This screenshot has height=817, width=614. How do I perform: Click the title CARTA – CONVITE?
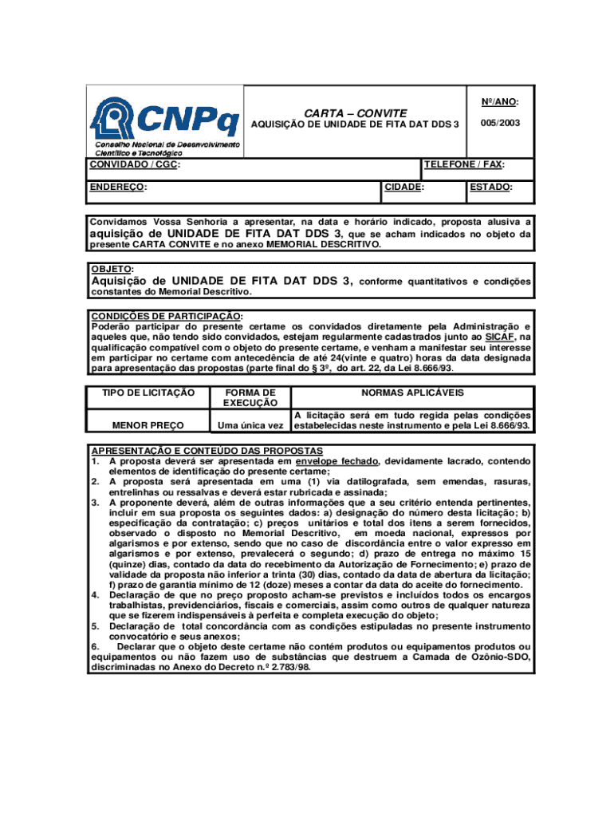pyautogui.click(x=355, y=113)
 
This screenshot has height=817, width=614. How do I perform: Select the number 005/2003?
pyautogui.click(x=500, y=124)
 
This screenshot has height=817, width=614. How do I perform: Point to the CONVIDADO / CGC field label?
pyautogui.click(x=133, y=164)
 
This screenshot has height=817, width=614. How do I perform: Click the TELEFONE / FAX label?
pyautogui.click(x=464, y=164)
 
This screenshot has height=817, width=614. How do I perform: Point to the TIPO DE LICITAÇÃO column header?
pyautogui.click(x=148, y=393)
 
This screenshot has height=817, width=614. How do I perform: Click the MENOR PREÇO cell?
pyautogui.click(x=148, y=425)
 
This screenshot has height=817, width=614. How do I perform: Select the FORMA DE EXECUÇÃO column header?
pyautogui.click(x=250, y=397)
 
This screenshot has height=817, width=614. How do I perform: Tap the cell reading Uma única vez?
pyautogui.click(x=250, y=425)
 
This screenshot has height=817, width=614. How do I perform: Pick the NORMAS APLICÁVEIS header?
pyautogui.click(x=412, y=393)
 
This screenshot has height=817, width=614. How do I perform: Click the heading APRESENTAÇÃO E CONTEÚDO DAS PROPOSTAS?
pyautogui.click(x=207, y=451)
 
